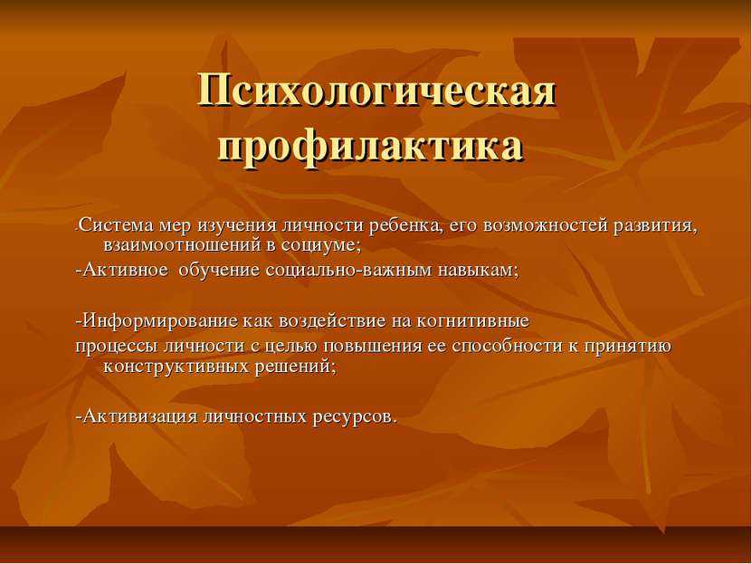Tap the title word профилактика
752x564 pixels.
tap(371, 148)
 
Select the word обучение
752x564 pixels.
tap(220, 270)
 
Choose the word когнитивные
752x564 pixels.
tap(472, 320)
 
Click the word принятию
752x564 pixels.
tap(628, 347)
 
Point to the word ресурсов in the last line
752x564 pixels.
tap(353, 416)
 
